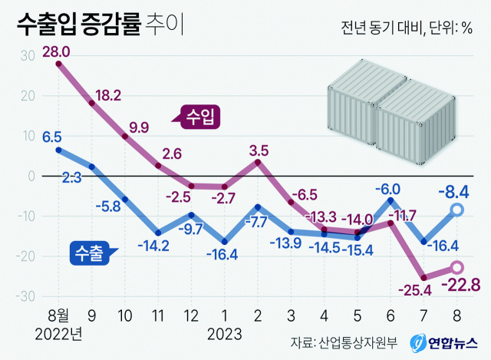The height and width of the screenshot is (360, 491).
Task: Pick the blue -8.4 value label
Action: click(x=453, y=190)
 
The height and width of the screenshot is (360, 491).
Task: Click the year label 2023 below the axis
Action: click(x=225, y=334)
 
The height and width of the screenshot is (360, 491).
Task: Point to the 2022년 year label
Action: click(x=58, y=334)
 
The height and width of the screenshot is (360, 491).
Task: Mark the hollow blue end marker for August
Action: click(x=456, y=210)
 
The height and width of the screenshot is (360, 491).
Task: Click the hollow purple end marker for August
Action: click(x=456, y=267)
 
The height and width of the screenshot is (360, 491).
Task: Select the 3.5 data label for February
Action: click(x=259, y=149)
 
